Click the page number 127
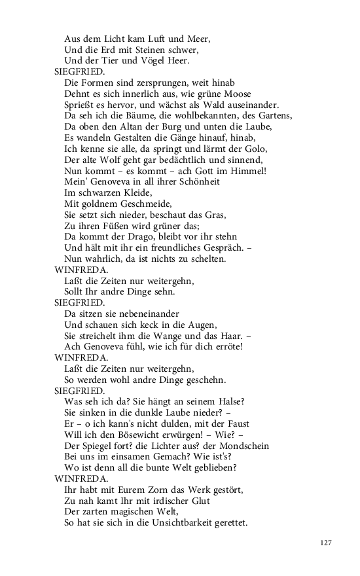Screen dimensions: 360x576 327,543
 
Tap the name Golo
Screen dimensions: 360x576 245,149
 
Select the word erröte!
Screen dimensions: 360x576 222,347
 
